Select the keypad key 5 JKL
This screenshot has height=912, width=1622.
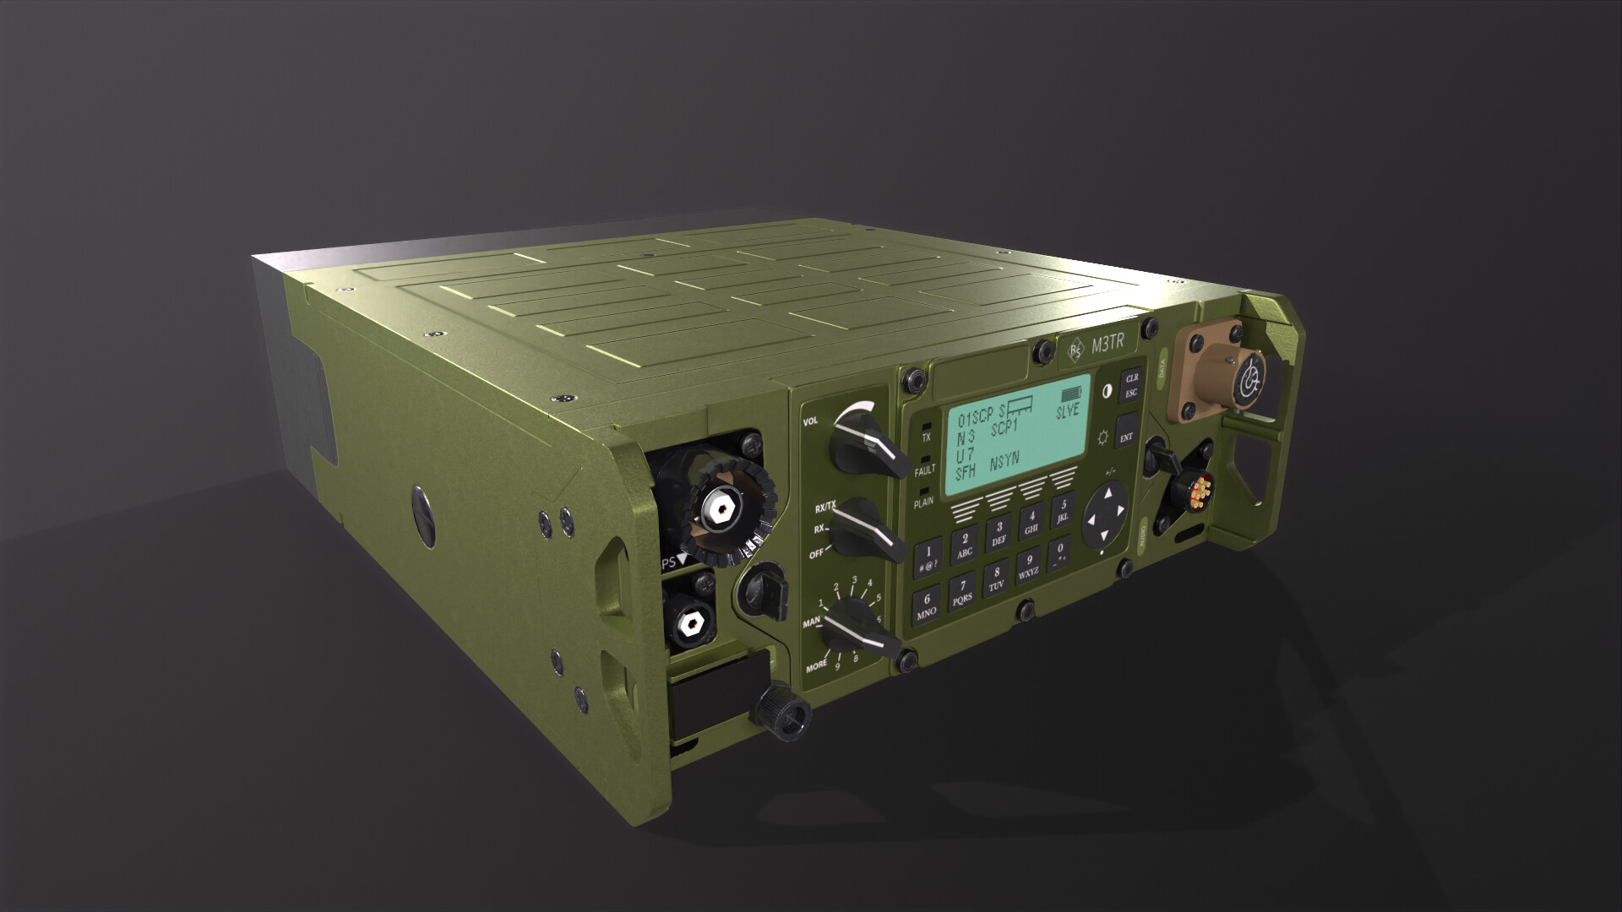click(1063, 509)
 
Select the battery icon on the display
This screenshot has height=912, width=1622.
click(1071, 394)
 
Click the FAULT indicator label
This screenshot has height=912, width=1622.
click(924, 470)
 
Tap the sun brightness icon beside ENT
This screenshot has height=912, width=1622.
click(1102, 438)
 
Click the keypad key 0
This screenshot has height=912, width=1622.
click(1059, 552)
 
